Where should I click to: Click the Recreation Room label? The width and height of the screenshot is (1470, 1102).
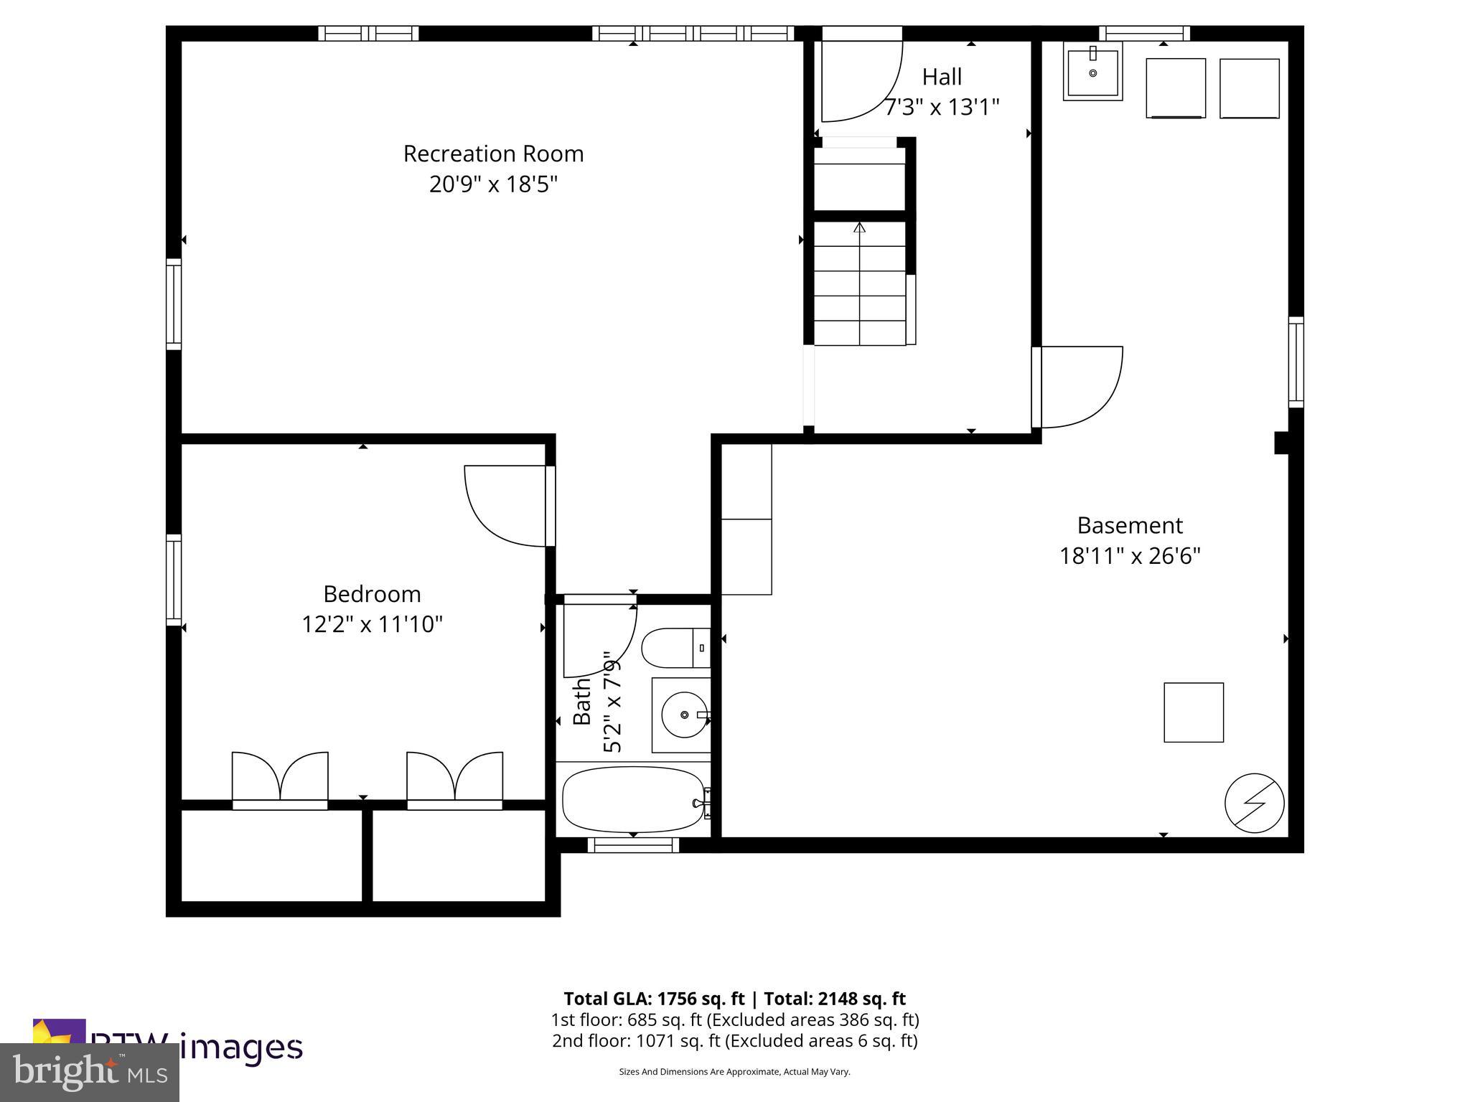[493, 154]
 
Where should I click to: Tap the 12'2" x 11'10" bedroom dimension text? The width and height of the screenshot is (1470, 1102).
[372, 624]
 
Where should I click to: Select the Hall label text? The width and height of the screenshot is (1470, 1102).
[942, 77]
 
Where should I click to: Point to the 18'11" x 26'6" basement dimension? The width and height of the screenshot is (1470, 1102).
[1130, 556]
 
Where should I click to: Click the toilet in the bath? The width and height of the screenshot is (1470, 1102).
[675, 648]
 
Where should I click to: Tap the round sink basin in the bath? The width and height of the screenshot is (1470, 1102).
[683, 715]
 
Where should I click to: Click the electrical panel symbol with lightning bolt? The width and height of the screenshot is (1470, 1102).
[1254, 803]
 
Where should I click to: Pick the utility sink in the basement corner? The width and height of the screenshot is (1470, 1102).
[1092, 71]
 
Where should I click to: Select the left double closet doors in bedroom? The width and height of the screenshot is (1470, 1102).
[280, 778]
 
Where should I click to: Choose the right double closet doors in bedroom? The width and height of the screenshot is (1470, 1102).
[454, 778]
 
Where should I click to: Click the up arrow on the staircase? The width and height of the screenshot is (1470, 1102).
[859, 228]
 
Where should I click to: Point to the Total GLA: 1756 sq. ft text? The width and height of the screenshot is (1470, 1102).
[656, 999]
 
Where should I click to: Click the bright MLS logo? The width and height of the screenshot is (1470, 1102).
[89, 1073]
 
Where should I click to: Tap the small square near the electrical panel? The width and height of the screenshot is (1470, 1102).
[1193, 712]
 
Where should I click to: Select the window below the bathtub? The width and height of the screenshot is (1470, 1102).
[633, 845]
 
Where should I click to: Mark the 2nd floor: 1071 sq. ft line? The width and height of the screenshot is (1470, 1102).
[734, 1041]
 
